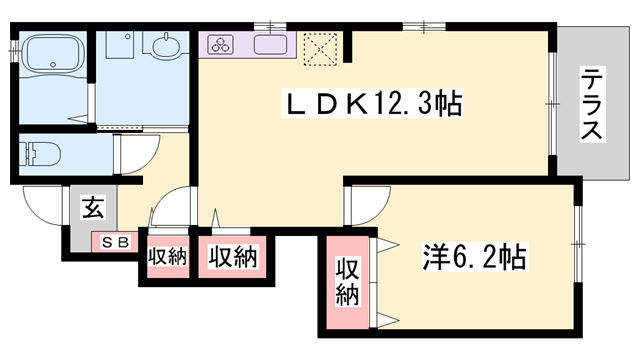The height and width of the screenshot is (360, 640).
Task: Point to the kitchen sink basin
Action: (x=270, y=45)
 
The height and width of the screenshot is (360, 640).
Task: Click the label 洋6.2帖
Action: (x=471, y=257)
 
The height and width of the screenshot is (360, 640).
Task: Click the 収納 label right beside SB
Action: (x=167, y=256)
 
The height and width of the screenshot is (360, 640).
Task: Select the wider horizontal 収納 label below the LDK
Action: (x=233, y=256)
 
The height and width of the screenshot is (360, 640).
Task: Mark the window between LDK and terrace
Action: (x=551, y=104)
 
